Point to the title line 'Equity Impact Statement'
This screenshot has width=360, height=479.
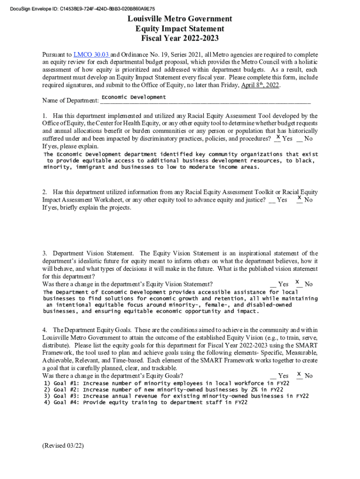tap(180, 29)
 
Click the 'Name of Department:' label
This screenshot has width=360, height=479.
tap(70, 101)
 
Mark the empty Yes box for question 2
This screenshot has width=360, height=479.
tap(272, 200)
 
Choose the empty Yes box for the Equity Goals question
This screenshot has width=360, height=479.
tap(273, 376)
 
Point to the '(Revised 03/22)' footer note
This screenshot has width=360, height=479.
tap(63, 446)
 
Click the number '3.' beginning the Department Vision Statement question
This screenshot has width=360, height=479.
tap(45, 254)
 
